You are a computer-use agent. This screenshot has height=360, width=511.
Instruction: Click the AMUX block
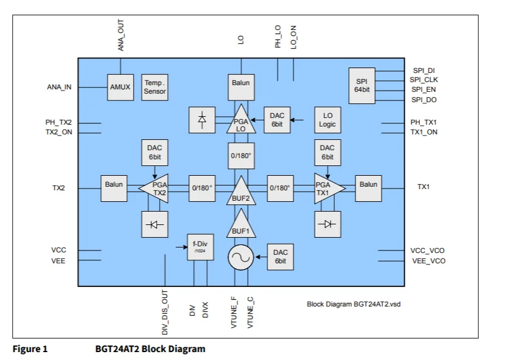120,87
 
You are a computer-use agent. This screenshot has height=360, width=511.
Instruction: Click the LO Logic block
328,120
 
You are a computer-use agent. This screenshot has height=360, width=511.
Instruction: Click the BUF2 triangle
241,191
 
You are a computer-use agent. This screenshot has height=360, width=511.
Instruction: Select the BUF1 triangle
241,225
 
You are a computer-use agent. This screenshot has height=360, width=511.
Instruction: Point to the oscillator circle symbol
241,258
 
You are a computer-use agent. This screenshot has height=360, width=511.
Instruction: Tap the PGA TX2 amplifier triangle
155,187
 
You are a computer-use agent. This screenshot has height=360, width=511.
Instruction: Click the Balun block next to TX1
368,184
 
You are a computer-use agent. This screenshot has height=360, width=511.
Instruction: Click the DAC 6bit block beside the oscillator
280,256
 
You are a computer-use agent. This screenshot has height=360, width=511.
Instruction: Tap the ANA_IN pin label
59,87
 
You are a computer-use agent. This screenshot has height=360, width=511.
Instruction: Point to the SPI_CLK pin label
424,80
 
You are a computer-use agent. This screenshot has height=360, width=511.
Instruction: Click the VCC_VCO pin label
428,250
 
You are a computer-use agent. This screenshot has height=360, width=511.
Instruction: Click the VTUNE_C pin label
250,311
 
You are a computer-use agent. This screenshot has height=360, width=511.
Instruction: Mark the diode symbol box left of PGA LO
202,120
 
